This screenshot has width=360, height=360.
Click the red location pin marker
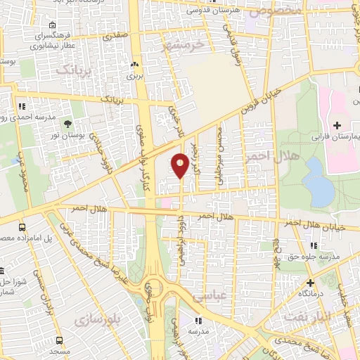click(x=180, y=164)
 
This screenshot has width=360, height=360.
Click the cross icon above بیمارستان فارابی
click(x=337, y=124)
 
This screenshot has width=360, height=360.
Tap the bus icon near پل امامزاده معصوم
click(x=22, y=228)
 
